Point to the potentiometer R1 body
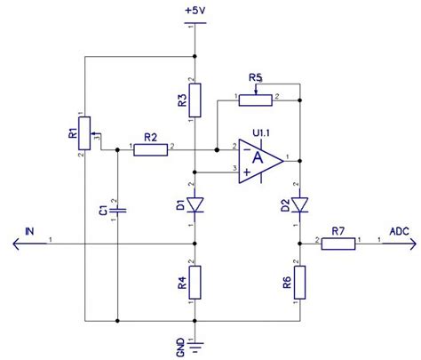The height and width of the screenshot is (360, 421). coord(84,132)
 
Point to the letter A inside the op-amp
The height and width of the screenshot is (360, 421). coord(258,159)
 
